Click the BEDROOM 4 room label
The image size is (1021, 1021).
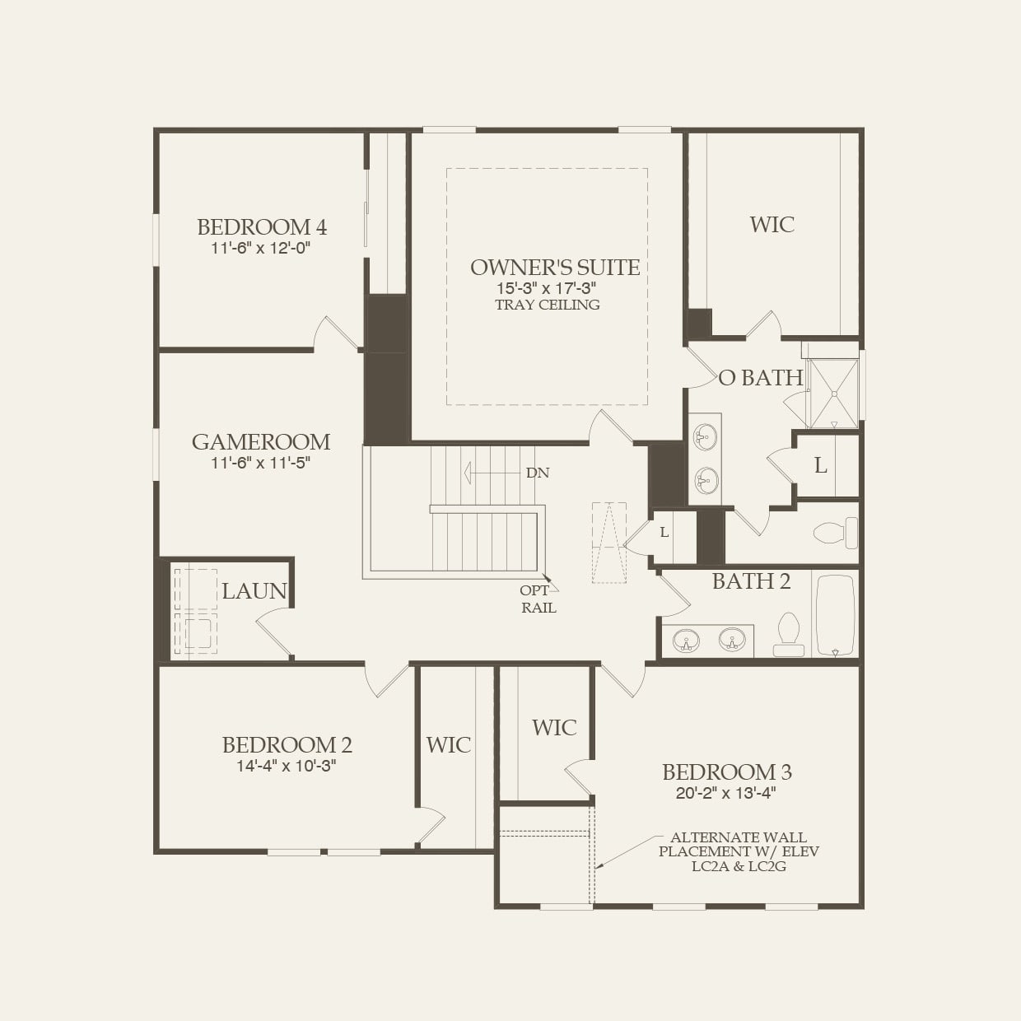coord(262,226)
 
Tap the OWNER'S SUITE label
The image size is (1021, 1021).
coord(555,267)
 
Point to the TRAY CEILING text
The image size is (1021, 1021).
coord(548,305)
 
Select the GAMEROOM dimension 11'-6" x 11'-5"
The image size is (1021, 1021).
coord(260,463)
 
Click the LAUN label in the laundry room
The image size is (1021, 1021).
coord(254,590)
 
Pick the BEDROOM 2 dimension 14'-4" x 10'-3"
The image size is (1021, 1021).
coord(287,766)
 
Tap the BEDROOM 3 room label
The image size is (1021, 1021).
coord(727,772)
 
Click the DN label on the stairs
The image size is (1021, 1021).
coord(537,473)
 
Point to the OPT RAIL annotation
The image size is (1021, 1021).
coord(538,599)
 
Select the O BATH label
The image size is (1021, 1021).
coord(761,378)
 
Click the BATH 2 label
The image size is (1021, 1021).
coord(751,581)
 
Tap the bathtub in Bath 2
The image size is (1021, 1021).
coord(835,614)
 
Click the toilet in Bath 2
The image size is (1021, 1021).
coord(789,634)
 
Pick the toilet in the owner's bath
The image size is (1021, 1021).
coord(835,533)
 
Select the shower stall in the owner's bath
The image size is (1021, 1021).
coord(833,394)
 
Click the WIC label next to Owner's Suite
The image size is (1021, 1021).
coord(772,225)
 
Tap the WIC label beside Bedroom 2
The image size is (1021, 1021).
coord(448,745)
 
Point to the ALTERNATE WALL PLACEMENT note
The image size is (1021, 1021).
coord(739,851)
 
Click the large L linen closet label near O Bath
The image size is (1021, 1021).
coord(821,466)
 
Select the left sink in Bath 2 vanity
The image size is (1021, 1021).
coord(686,639)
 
